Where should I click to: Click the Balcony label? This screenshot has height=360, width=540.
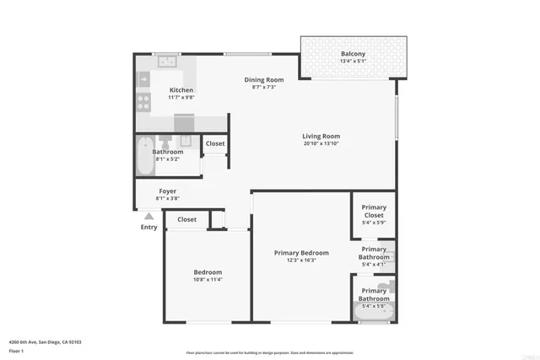coord(353,53)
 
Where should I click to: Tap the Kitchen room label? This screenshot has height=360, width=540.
coord(181,90)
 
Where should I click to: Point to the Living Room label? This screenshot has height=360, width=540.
coord(321,136)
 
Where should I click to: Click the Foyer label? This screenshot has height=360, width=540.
coord(168,191)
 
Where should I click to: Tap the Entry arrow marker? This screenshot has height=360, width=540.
coord(148,216)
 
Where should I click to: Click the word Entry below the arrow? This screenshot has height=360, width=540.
coord(148,227)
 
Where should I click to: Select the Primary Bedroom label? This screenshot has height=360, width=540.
coord(301,253)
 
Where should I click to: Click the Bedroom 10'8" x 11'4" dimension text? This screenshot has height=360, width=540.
coord(208,280)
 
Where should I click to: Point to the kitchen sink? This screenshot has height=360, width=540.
coord(169,61)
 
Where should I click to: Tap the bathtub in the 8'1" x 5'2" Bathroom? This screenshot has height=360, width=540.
coord(143,156)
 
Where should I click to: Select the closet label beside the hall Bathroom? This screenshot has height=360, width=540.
coord(215,144)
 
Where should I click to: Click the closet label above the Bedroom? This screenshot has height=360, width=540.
coord(186,220)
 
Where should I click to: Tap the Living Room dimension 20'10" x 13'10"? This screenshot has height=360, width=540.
coord(321,144)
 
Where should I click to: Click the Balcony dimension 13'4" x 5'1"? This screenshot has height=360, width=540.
coord(353,61)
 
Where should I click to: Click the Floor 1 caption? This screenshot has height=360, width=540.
coord(15,350)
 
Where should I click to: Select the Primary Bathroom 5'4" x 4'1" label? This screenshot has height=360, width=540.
coord(374,257)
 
